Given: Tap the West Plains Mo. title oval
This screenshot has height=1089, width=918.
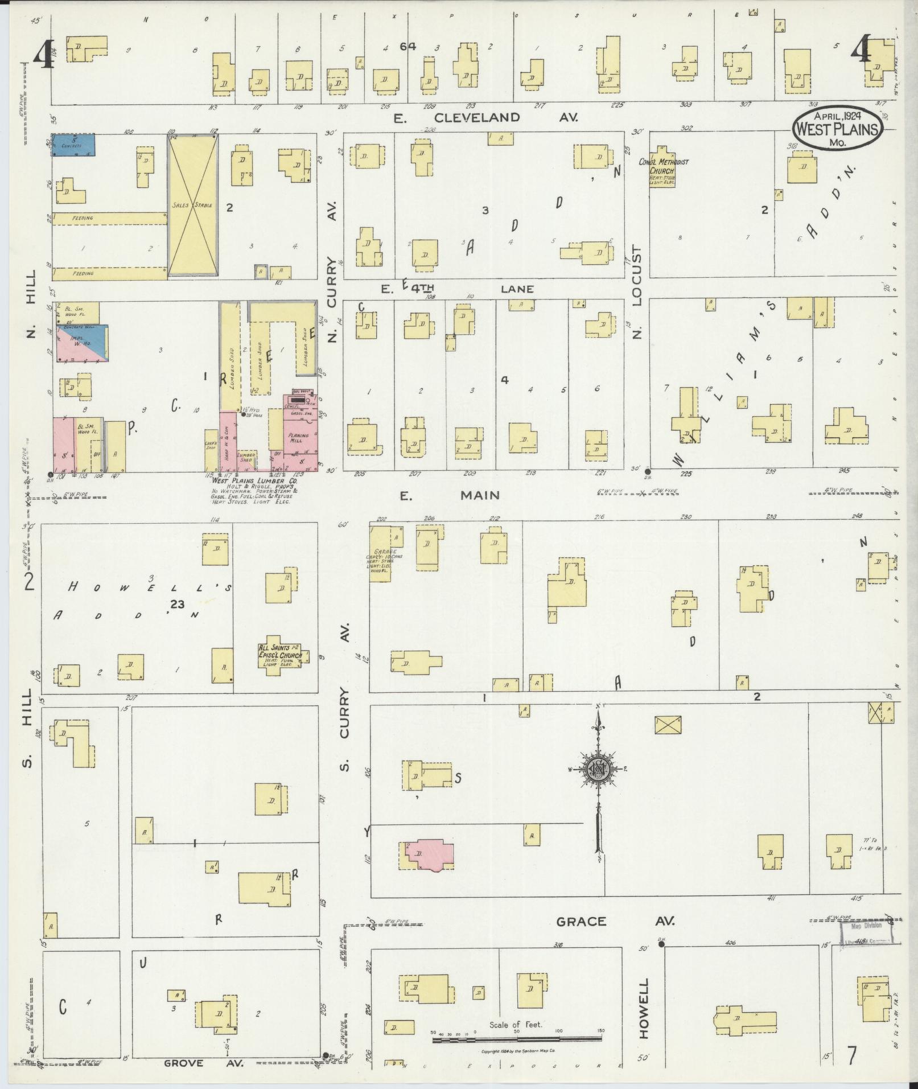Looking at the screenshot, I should (837, 130).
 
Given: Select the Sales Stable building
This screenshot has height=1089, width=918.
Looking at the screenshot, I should (192, 205).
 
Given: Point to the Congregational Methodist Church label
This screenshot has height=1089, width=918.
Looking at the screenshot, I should (663, 170).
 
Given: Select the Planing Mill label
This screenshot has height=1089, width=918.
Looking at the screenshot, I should (298, 438).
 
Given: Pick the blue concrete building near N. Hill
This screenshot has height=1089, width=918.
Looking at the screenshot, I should (73, 145).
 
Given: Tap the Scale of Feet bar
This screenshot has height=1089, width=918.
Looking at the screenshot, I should (516, 1039).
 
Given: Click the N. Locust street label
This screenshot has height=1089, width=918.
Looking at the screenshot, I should (637, 295).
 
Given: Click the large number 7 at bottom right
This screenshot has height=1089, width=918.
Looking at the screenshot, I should (852, 1057).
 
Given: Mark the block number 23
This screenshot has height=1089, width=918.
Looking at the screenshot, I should (176, 605).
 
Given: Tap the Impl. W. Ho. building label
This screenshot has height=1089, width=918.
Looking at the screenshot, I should (78, 340).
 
